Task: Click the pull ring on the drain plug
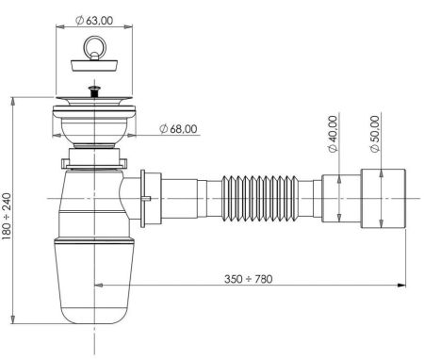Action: [92, 42]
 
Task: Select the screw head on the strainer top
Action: [92, 92]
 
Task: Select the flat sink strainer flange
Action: [92, 100]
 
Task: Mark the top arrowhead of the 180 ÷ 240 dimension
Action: [13, 99]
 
